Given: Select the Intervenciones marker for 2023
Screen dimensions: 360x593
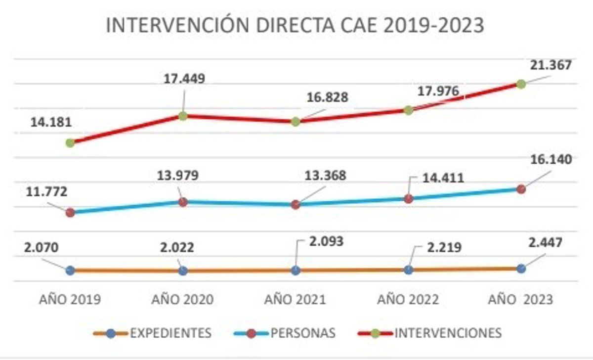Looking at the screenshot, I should pos(521,84).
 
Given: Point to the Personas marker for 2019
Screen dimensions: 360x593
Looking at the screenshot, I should pos(70,213).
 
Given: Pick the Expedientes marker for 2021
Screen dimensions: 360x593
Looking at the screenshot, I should pos(296,270).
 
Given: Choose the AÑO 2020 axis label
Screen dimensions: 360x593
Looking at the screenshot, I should pos(182,300).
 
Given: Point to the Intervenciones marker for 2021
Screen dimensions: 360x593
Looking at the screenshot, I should pos(296,122).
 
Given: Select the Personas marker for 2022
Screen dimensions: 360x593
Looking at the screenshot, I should pos(408,199).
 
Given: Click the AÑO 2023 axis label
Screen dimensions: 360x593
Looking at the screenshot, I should pos(521,300).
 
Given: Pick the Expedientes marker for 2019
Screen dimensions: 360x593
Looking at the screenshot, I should pos(70,270).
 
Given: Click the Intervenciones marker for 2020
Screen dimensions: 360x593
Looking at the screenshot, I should pos(183,116).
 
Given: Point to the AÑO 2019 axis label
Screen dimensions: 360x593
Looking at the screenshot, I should pos(70,300).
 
